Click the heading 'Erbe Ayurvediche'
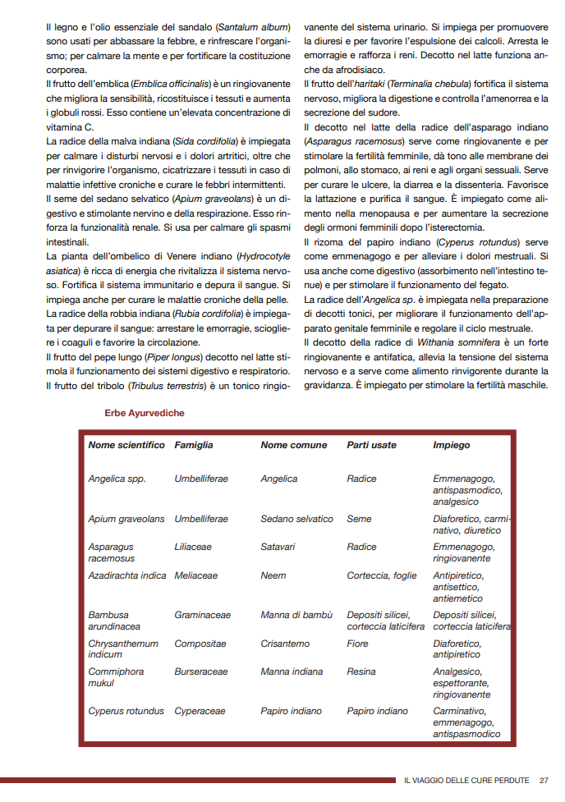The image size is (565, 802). coord(145,413)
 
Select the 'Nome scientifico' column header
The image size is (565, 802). coord(126,445)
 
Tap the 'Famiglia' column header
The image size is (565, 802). coord(194,445)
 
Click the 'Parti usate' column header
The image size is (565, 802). coord(371,445)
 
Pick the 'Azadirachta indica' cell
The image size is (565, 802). coord(127,575)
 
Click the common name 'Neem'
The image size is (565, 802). coord(273,575)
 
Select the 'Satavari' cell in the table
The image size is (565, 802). coord(278,547)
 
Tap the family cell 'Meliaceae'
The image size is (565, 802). coord(196,575)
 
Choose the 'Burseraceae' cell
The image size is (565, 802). coord(201,671)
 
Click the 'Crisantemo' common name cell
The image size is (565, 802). coord(284,644)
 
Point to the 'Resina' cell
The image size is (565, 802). coord(361,671)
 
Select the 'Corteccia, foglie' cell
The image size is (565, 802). coord(382,575)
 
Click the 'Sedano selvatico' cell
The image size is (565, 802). coord(297,519)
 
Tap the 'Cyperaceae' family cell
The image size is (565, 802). coord(200,711)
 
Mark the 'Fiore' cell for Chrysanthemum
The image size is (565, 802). coord(358,644)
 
